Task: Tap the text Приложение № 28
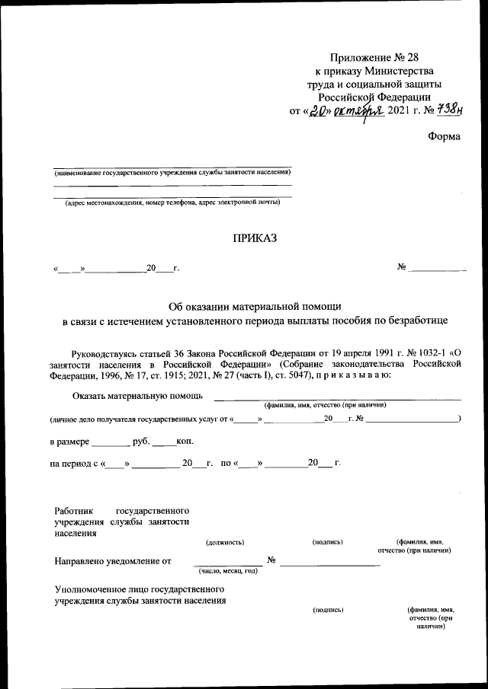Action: (374, 58)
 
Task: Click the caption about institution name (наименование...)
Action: (172, 172)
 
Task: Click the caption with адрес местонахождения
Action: (172, 203)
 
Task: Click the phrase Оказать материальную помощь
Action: (137, 396)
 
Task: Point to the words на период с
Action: (74, 463)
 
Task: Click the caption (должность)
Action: (225, 542)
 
